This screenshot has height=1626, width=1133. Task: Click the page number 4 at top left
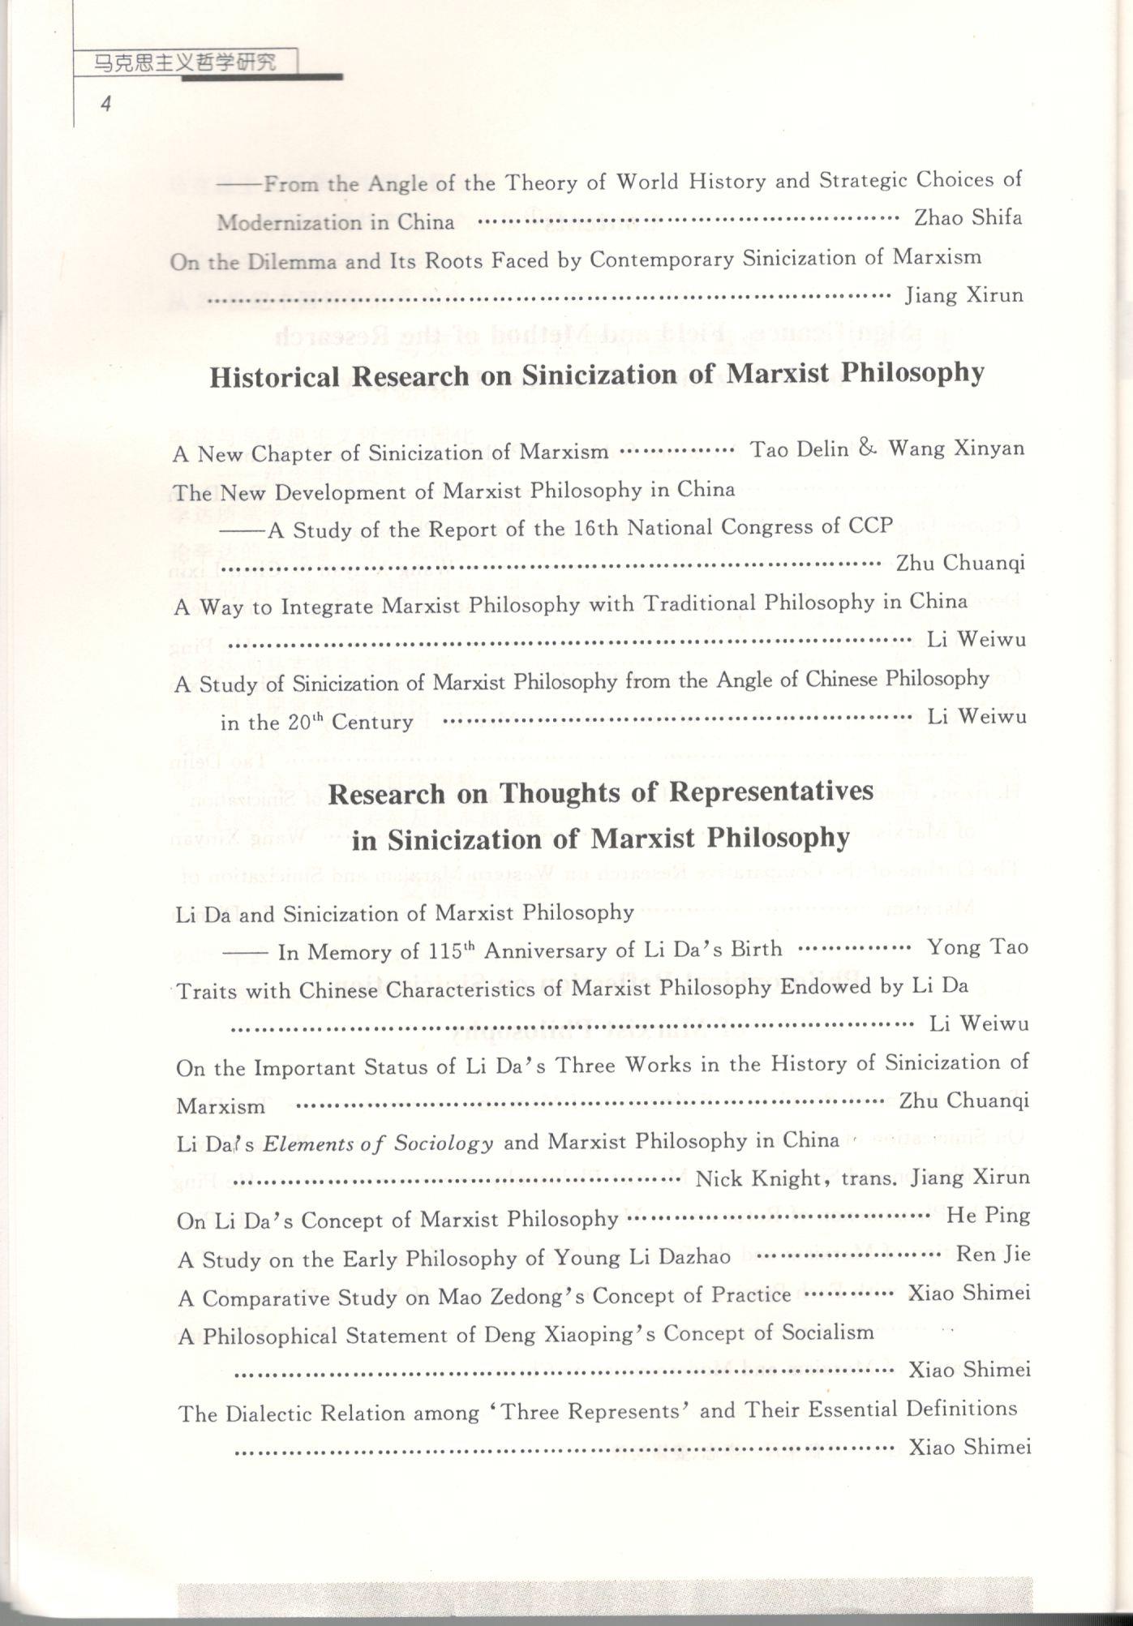(x=105, y=104)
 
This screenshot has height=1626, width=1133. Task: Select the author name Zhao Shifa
(x=968, y=217)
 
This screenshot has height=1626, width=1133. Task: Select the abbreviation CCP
(x=870, y=526)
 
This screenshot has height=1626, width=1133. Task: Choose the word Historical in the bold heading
(x=274, y=378)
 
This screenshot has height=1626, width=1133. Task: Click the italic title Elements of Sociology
(x=378, y=1143)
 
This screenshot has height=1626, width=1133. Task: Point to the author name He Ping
(x=988, y=1215)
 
